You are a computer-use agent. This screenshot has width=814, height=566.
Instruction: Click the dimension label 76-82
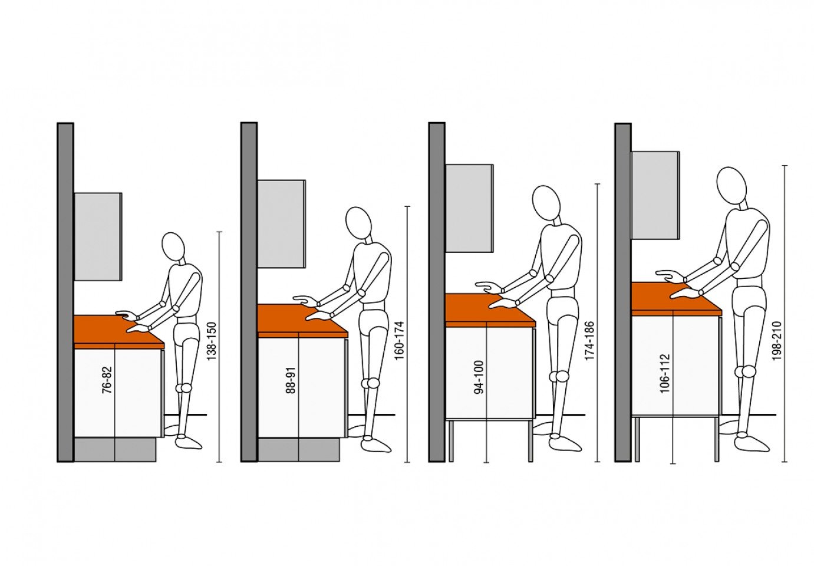coord(107,380)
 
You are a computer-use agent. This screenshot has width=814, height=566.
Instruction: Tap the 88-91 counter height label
coord(291,380)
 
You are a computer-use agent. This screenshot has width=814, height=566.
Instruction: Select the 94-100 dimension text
coord(479,377)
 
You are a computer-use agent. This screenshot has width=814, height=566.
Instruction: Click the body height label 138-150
coord(211,341)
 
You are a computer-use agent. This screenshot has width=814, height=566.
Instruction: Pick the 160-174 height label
coord(399,340)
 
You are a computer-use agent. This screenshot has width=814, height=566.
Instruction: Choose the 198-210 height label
coord(776,341)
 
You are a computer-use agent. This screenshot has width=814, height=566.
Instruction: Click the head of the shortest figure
coord(173,246)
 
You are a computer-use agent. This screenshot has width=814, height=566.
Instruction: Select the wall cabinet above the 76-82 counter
coord(98,236)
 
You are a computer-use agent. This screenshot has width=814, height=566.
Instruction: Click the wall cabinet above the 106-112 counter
coord(655,195)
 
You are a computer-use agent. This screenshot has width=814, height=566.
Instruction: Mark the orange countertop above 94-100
coord(490,311)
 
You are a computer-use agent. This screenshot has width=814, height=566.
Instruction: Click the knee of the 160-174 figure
coord(370,383)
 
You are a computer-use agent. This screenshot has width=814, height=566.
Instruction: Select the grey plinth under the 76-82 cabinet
coord(115,450)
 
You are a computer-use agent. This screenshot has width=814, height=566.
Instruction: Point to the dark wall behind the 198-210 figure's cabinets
coord(623,292)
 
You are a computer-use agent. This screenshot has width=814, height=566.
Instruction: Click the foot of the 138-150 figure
coord(188,442)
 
